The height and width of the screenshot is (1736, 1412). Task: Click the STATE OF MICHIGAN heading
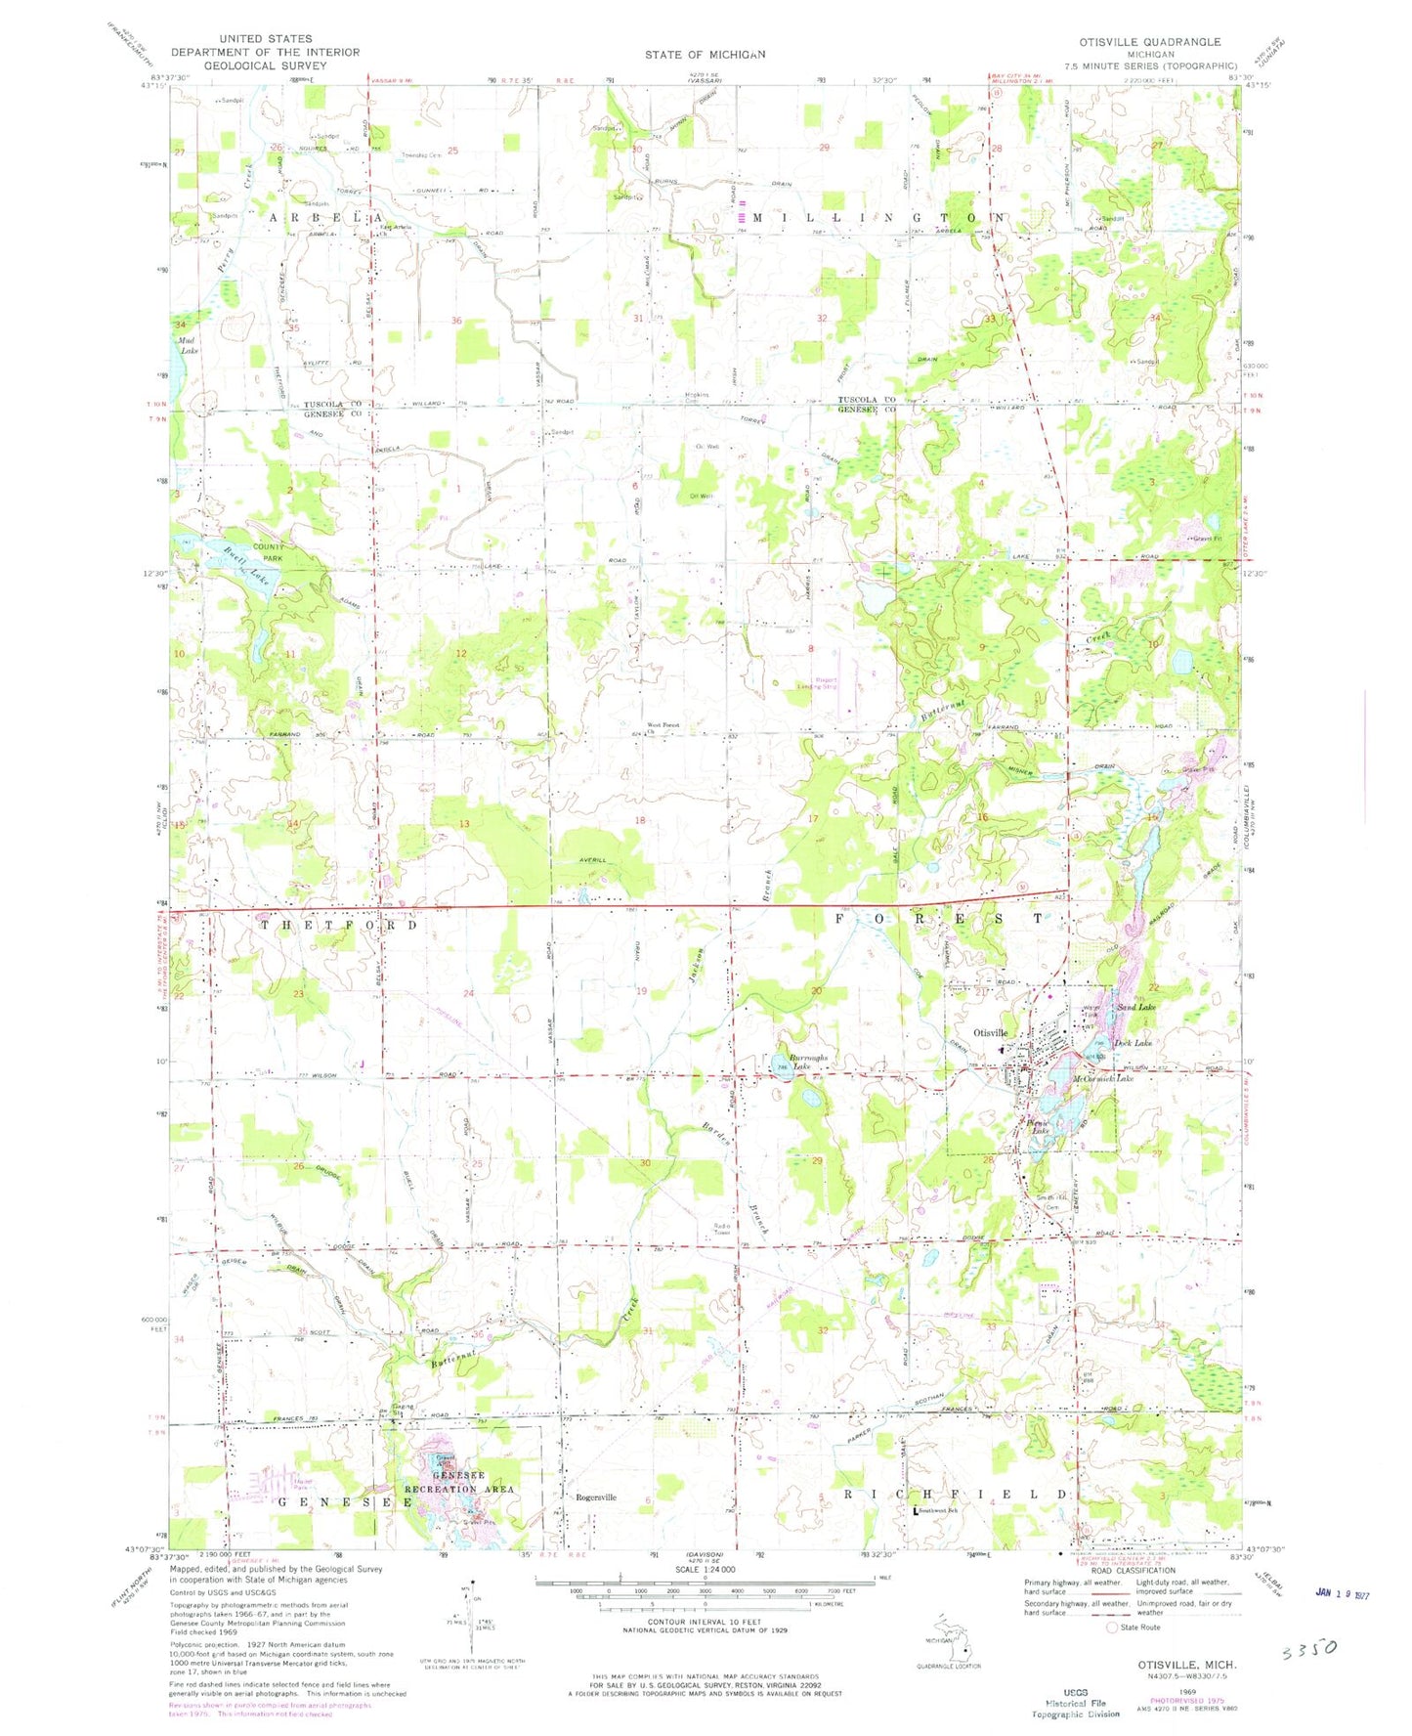705,55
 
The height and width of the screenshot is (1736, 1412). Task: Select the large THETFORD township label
338,925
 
